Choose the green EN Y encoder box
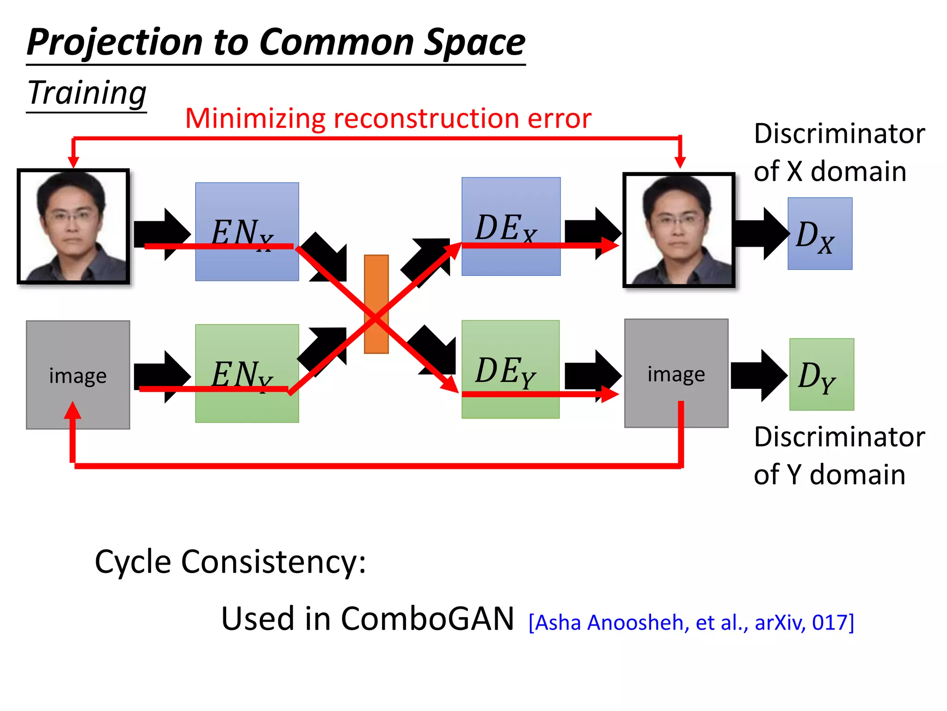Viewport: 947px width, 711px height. coord(247,407)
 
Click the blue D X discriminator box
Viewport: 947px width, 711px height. coord(820,234)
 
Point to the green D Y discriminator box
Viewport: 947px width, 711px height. coord(822,374)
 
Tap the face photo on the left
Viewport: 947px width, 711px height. coord(74,226)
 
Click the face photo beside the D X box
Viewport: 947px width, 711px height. coord(679,230)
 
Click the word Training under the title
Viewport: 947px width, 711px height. coord(87,93)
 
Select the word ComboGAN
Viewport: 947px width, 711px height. coord(427,619)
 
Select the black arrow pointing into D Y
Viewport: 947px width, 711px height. coord(758,375)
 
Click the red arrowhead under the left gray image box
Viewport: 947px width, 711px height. coord(73,410)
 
